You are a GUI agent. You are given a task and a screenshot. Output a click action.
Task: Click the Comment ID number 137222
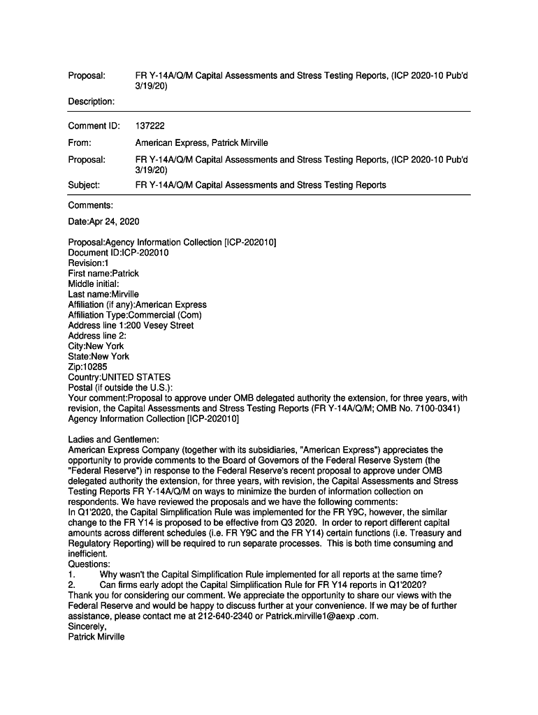coord(150,126)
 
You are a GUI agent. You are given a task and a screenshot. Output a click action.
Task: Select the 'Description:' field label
coord(91,101)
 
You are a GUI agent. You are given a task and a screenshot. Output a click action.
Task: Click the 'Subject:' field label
coord(84,185)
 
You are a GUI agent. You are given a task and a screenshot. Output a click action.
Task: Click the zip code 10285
coord(96,367)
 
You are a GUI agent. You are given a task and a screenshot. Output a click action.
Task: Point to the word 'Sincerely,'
coord(87,627)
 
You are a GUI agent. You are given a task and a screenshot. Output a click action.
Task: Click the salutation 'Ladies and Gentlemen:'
coord(114,440)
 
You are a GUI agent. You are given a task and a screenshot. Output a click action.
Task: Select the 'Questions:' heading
coord(89,564)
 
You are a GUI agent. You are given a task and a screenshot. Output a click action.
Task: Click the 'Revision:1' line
coord(88,263)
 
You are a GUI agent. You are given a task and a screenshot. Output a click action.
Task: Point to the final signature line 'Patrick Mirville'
coord(96,637)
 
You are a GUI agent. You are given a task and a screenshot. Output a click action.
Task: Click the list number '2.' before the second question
coord(71,585)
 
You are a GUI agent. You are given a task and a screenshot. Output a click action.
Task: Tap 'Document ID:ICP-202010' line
coord(118,253)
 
